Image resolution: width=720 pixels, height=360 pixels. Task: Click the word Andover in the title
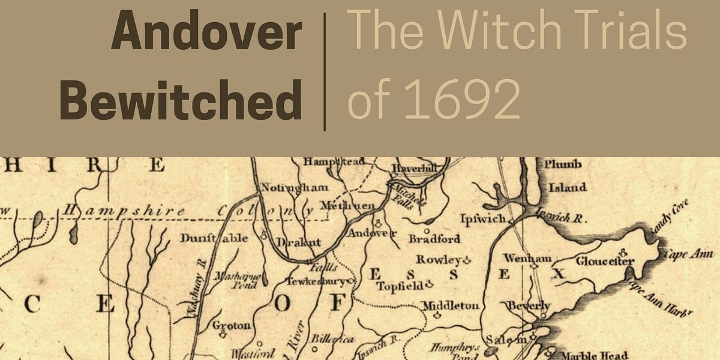click(x=206, y=34)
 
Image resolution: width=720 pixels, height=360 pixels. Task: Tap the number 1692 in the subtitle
click(x=461, y=100)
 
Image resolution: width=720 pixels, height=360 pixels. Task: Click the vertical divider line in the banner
click(x=325, y=71)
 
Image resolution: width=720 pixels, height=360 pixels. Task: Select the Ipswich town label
click(x=483, y=219)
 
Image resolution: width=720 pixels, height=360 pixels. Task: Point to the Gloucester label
click(x=605, y=261)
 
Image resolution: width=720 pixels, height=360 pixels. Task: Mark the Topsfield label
click(x=401, y=286)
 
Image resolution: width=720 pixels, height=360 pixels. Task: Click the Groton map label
click(x=232, y=326)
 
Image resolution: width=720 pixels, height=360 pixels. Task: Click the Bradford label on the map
click(x=434, y=239)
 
